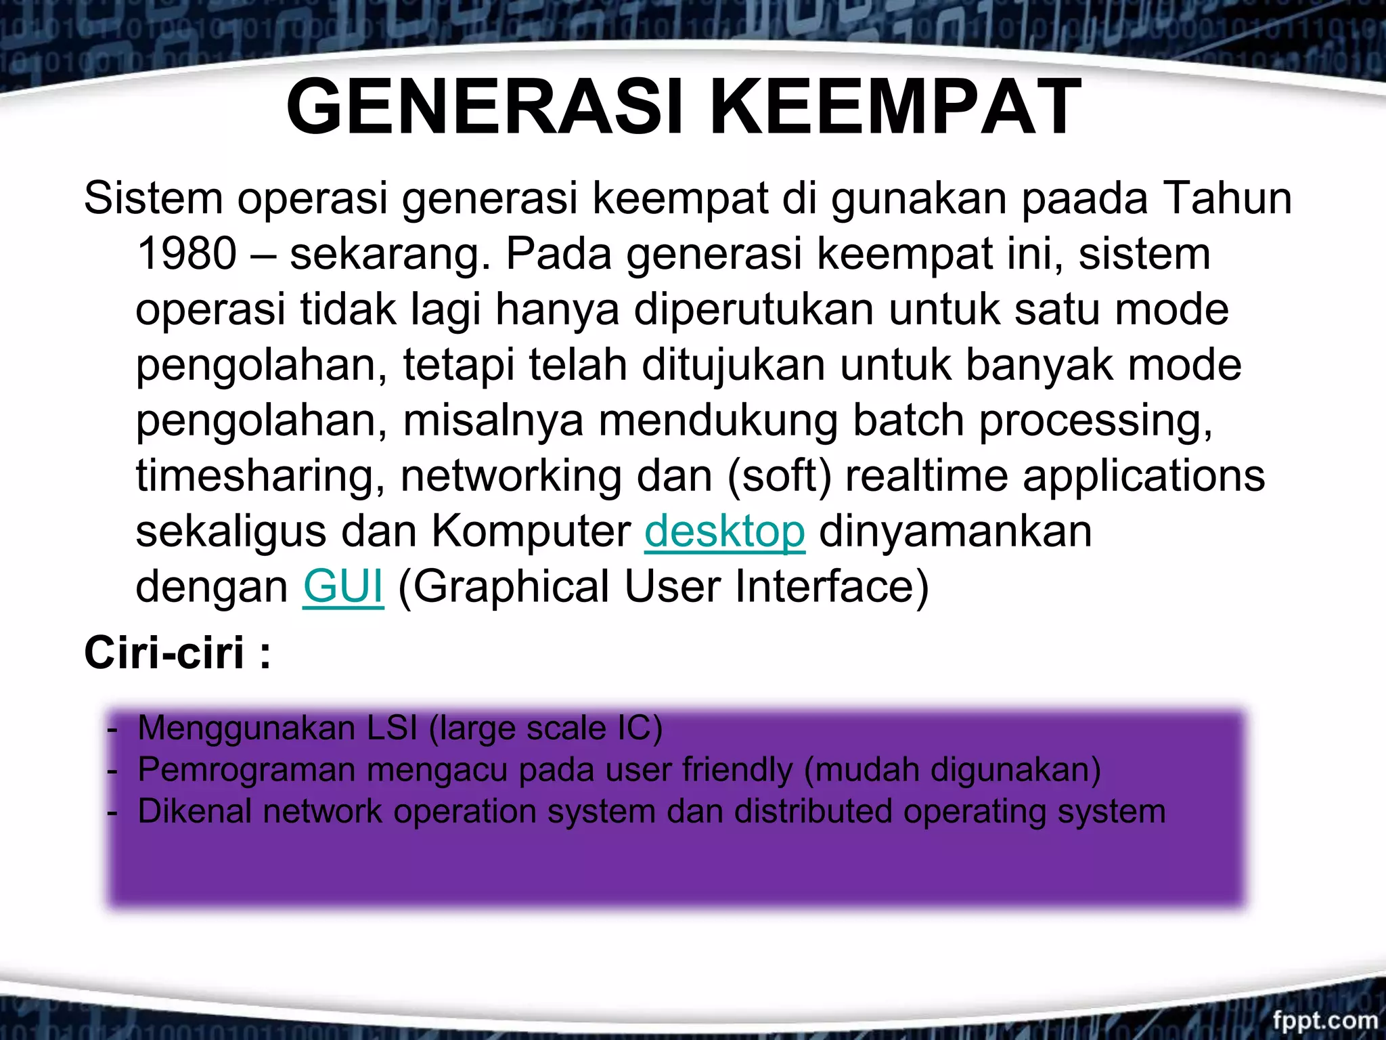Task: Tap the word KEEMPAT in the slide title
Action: (895, 107)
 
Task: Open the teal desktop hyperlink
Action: (724, 532)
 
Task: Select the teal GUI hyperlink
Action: (343, 586)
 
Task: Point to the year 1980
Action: (187, 255)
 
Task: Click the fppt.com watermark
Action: (1324, 1020)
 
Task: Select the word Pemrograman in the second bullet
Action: (246, 771)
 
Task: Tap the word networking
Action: (512, 477)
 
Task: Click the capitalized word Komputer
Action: (531, 532)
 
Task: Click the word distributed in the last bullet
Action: (813, 811)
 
